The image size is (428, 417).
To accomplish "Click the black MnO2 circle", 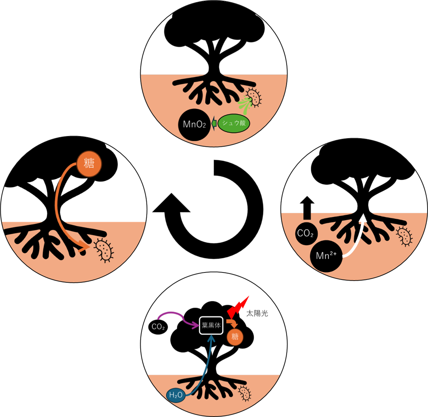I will pyautogui.click(x=194, y=125).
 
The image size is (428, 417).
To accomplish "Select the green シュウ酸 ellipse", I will pyautogui.click(x=234, y=123).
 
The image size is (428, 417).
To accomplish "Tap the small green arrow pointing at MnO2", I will pyautogui.click(x=214, y=123).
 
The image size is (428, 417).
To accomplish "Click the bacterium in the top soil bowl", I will pyautogui.click(x=254, y=97).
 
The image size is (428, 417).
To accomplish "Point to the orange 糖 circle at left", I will pyautogui.click(x=89, y=163).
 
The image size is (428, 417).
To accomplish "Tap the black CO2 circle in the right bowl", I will pyautogui.click(x=306, y=234).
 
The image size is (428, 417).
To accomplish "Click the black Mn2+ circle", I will pyautogui.click(x=326, y=256).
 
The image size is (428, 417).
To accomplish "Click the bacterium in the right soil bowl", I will pyautogui.click(x=404, y=236).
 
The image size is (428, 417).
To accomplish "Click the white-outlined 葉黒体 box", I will pyautogui.click(x=211, y=325).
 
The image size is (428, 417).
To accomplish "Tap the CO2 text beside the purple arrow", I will pyautogui.click(x=158, y=327).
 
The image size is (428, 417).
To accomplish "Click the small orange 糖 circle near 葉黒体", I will pyautogui.click(x=235, y=337).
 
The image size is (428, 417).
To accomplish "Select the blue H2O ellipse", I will pyautogui.click(x=176, y=395).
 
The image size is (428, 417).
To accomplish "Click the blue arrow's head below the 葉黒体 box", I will pyautogui.click(x=211, y=338).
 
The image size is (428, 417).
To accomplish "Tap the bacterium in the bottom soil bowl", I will pyautogui.click(x=245, y=393).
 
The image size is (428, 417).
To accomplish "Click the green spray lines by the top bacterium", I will pyautogui.click(x=245, y=105).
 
